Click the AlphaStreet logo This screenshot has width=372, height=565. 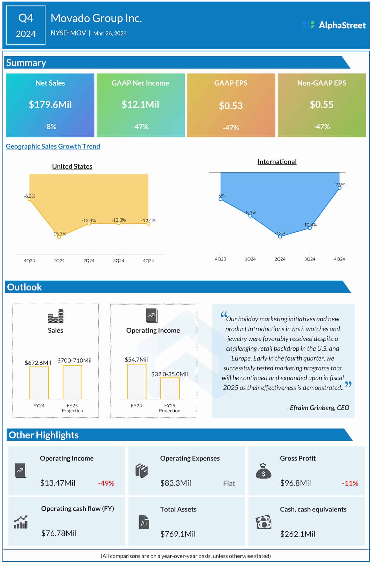click(x=334, y=25)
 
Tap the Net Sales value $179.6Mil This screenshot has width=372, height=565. click(x=50, y=105)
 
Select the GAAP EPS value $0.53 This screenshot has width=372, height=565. click(x=231, y=106)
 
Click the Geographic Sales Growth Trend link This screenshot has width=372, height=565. click(x=53, y=146)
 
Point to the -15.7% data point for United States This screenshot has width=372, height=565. click(x=59, y=237)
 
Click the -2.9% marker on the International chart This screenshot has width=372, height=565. click(x=339, y=188)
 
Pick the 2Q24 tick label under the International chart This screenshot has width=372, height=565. click(x=280, y=259)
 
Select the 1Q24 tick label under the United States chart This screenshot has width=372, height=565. click(x=59, y=261)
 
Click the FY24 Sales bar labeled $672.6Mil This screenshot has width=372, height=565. click(x=39, y=383)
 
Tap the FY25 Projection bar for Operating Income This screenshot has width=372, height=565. click(x=170, y=388)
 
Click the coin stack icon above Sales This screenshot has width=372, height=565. click(x=56, y=316)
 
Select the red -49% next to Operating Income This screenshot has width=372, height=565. click(x=106, y=483)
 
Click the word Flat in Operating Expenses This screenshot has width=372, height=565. click(x=229, y=483)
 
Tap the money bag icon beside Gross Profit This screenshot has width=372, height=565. click(x=263, y=471)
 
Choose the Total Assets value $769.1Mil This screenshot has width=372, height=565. click(x=178, y=534)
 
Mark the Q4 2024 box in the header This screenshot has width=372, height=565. click(x=26, y=25)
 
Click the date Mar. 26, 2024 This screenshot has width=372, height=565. click(x=110, y=33)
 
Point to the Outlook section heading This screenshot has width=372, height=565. click(x=24, y=287)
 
